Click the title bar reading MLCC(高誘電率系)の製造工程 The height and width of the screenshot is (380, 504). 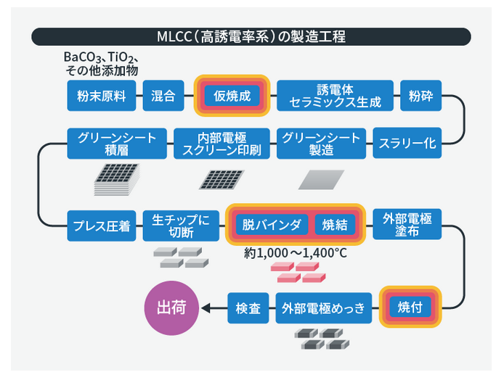coord(252,36)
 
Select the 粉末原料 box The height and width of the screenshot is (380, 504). coord(102,96)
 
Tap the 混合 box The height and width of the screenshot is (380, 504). coord(163,96)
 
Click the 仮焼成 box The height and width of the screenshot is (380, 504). coord(232,96)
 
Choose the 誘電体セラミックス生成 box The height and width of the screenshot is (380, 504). coord(335,96)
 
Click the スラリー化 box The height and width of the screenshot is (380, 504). coord(407,144)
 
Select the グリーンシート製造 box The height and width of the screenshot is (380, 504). coord(320,144)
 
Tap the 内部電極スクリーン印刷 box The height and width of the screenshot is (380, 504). coord(223,144)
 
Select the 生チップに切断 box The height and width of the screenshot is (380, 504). coord(181,225)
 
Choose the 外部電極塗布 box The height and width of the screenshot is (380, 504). coord(407,225)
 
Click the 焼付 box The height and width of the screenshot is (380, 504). coord(411,307)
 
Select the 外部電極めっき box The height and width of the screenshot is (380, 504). coord(324,307)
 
